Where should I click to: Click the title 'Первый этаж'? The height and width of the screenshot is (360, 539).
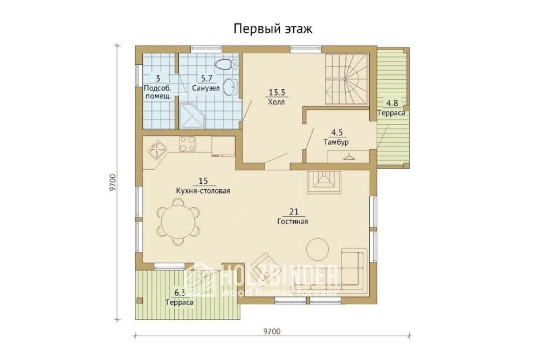273,29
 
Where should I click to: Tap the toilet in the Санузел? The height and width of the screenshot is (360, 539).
226,64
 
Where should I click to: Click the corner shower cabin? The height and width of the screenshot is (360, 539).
192,116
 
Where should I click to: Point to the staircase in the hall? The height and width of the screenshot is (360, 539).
347,79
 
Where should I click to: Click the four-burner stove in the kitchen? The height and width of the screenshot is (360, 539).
188,144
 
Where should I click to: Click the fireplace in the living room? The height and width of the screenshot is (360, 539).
324,182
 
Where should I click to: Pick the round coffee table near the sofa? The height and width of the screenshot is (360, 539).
317,250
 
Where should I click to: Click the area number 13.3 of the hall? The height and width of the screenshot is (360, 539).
277,92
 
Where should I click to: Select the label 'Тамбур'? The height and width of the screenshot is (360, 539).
336,142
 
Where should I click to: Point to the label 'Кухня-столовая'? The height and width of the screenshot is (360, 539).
203,191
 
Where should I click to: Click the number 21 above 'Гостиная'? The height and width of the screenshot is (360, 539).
294,212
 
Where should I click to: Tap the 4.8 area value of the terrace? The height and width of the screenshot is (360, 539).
392,103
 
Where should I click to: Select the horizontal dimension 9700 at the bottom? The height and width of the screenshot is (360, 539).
272,331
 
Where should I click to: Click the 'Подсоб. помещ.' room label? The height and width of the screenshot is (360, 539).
158,92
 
